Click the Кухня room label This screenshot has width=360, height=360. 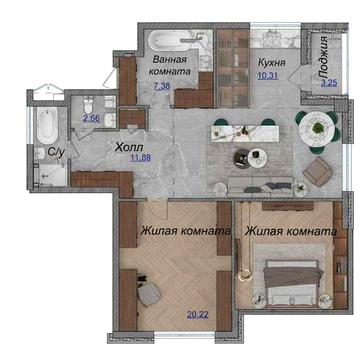272,62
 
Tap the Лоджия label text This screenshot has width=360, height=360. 323,57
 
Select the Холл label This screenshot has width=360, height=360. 129,147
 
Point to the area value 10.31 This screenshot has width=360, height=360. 268,75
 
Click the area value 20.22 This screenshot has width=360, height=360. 198,314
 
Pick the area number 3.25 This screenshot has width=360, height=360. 329,83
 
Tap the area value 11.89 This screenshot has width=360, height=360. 140,158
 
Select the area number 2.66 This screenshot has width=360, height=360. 91,118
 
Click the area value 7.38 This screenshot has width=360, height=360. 162,86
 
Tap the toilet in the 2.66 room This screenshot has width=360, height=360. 89,105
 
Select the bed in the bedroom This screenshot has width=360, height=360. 292,282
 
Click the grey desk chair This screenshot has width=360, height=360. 149,293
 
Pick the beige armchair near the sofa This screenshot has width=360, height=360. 318,171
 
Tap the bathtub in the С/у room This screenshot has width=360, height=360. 47,125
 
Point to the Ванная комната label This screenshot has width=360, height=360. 170,66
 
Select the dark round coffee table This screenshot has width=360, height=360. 242,157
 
